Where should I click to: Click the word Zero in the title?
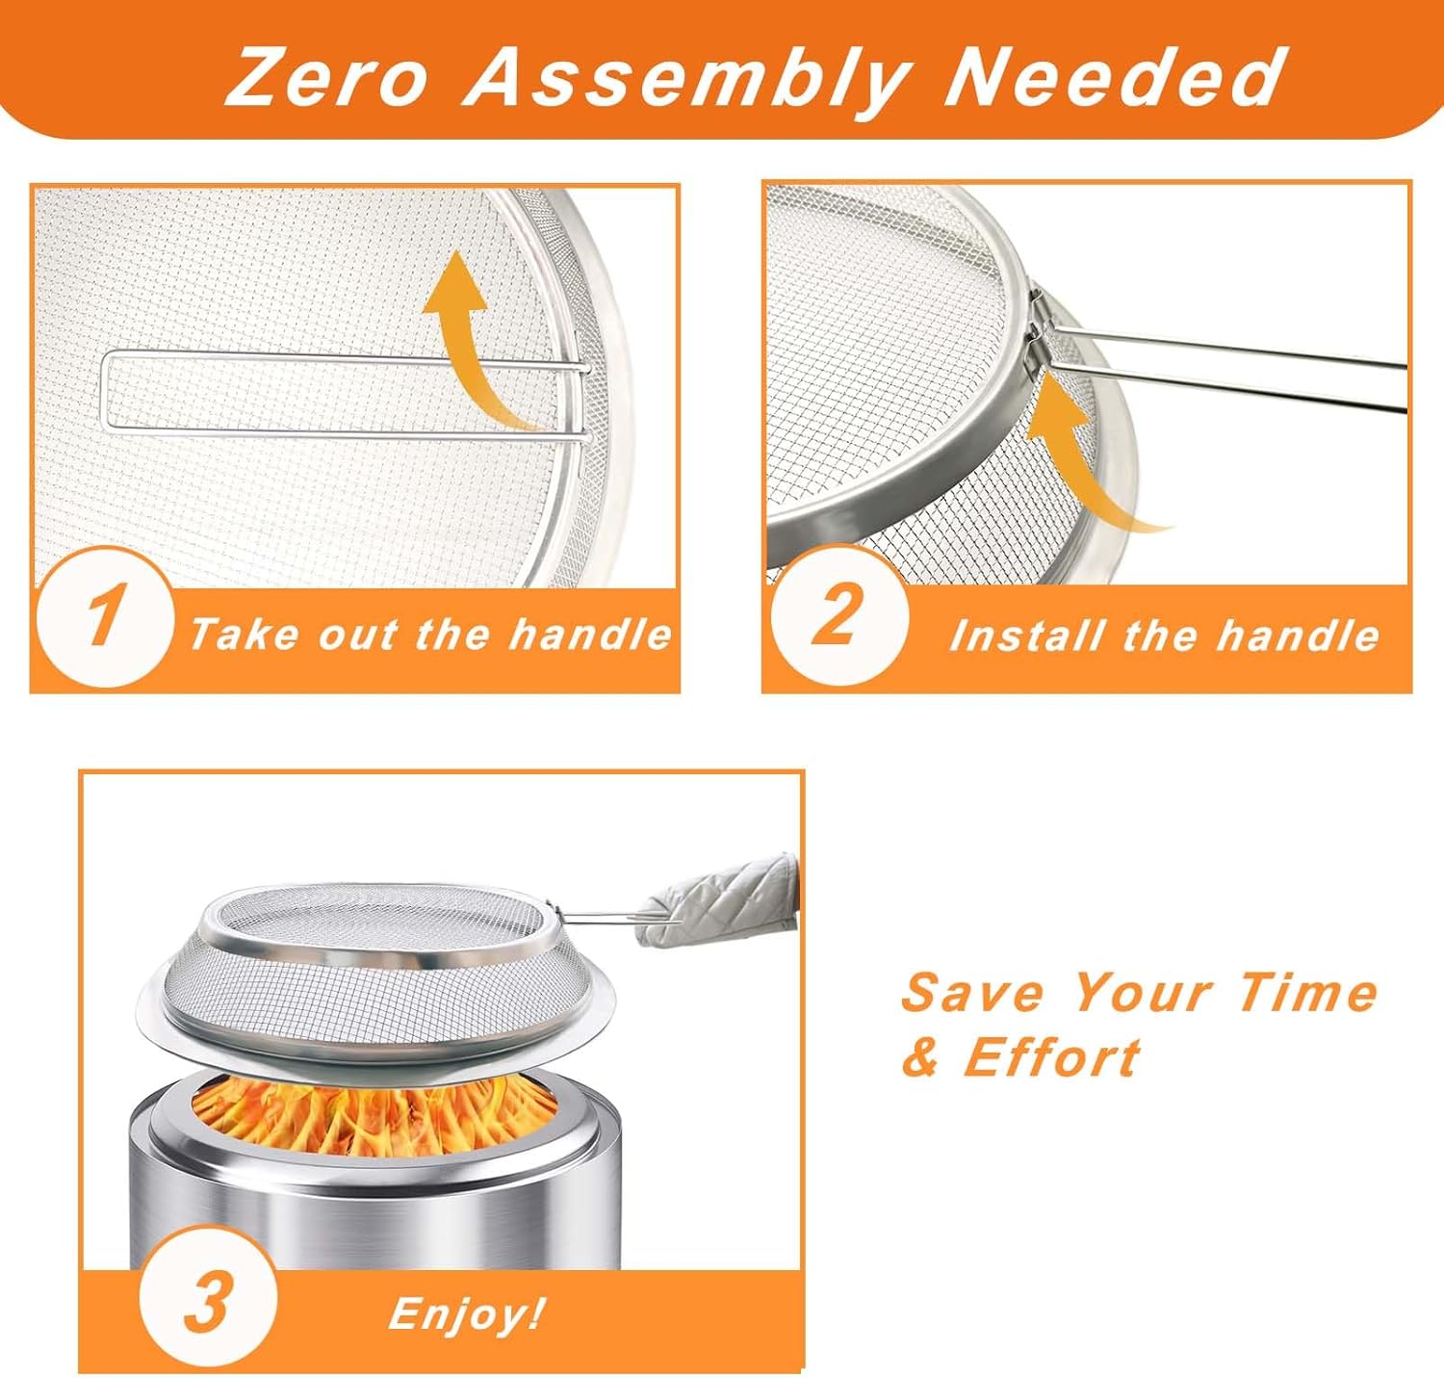(327, 76)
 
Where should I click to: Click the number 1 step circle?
(104, 617)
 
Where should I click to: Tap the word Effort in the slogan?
(1052, 1057)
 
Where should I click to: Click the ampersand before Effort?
(922, 1058)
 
